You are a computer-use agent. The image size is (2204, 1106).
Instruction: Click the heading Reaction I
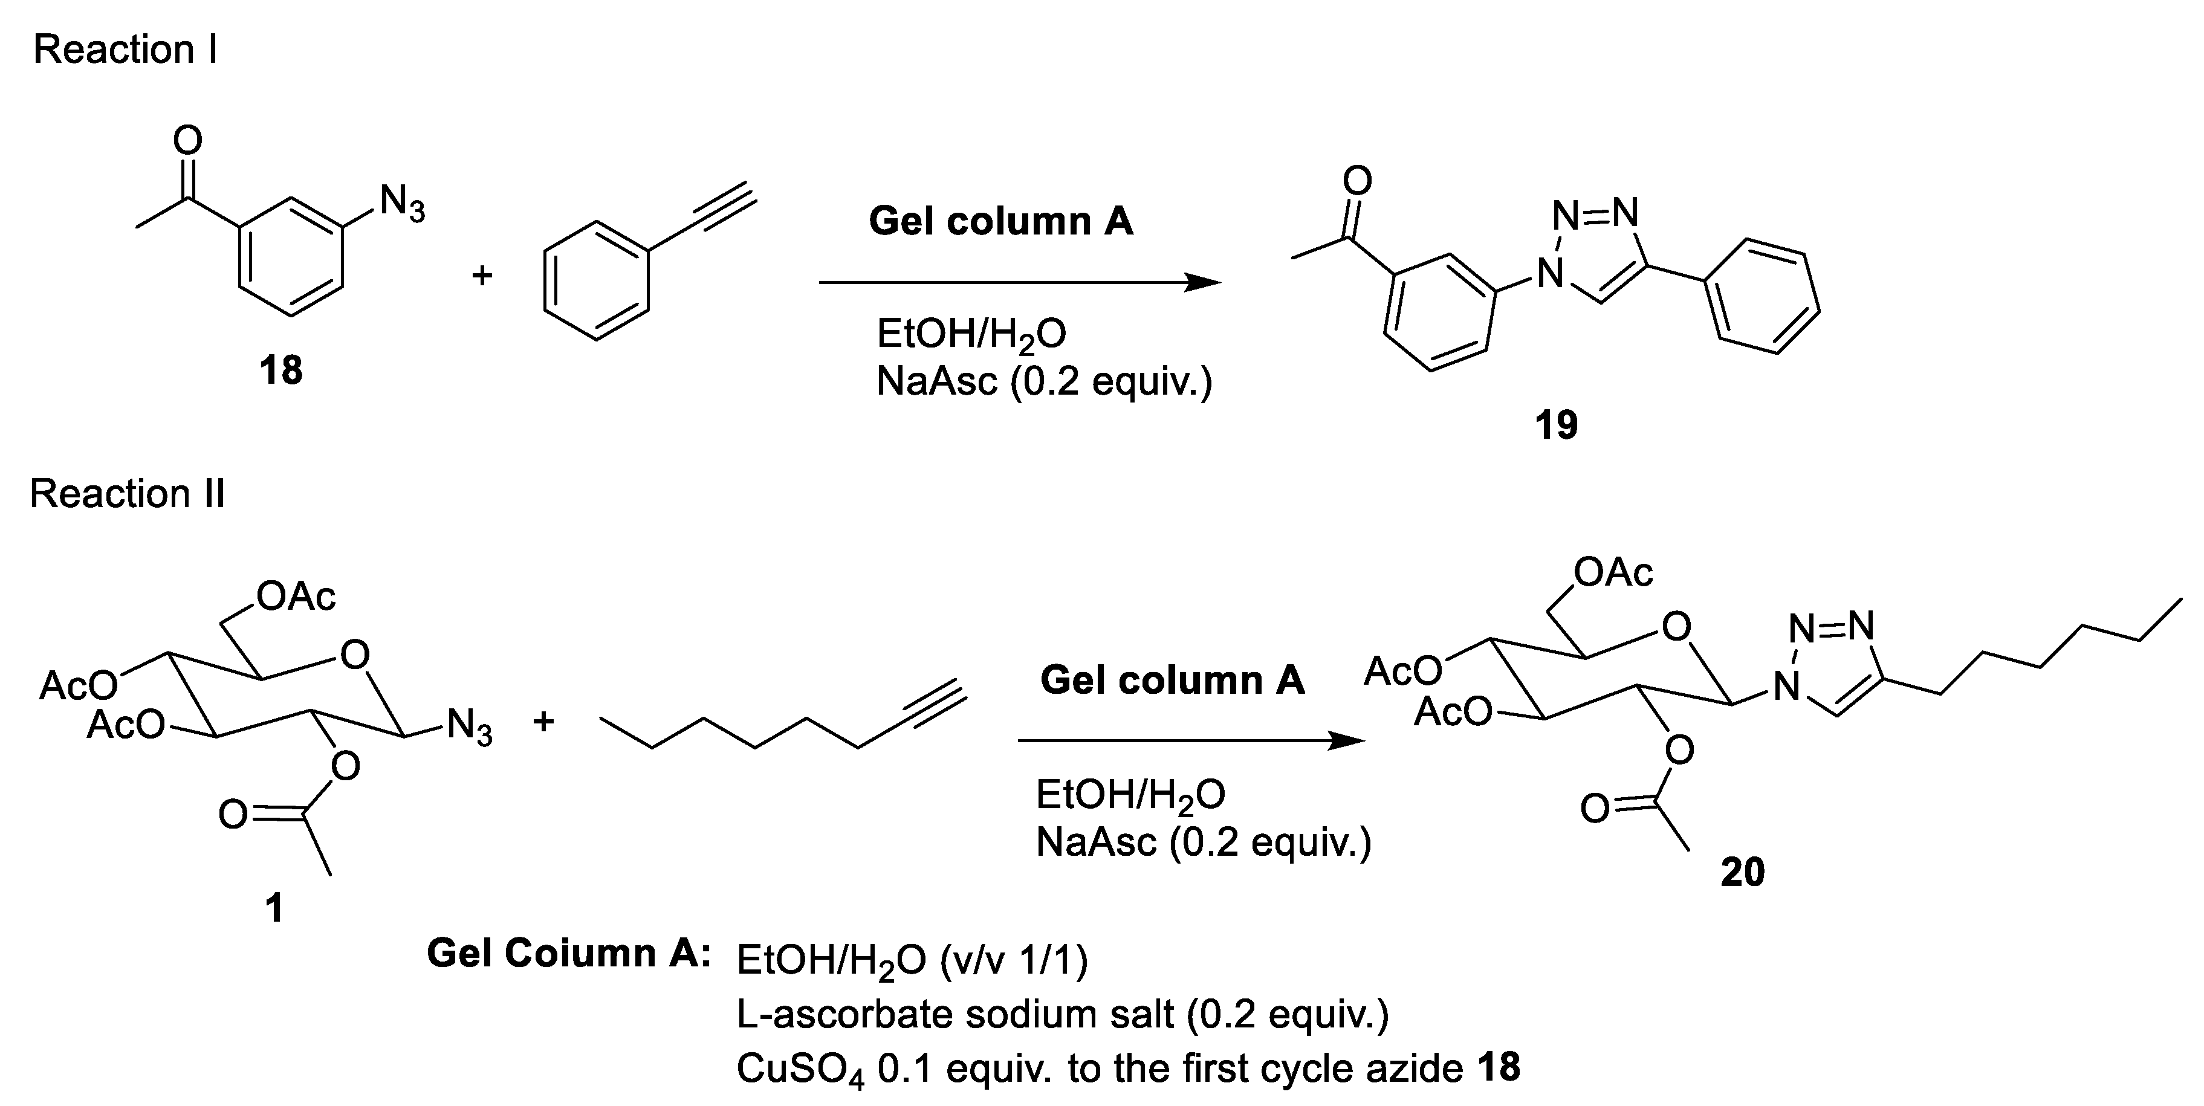coord(125,50)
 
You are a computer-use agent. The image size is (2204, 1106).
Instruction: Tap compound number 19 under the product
coord(1555,424)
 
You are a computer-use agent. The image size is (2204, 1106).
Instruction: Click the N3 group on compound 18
coord(401,204)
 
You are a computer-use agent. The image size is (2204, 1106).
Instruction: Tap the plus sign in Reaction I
coord(482,274)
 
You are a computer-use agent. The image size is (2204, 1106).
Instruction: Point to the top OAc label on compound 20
coord(1613,572)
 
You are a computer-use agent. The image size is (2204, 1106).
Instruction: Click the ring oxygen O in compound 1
coord(354,655)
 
